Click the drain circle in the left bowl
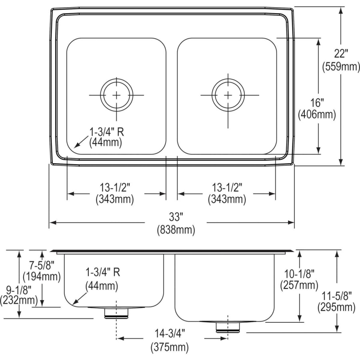tap(116, 95)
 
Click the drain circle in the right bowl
tap(228, 95)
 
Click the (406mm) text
tap(317, 114)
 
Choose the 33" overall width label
tap(176, 218)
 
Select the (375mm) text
tap(170, 347)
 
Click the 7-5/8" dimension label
tap(42, 264)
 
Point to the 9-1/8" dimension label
tap(18, 288)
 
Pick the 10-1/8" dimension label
tap(300, 273)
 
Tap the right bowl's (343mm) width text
tap(226, 199)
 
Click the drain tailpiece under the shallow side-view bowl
tap(116, 313)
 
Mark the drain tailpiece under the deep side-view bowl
tap(227, 327)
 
